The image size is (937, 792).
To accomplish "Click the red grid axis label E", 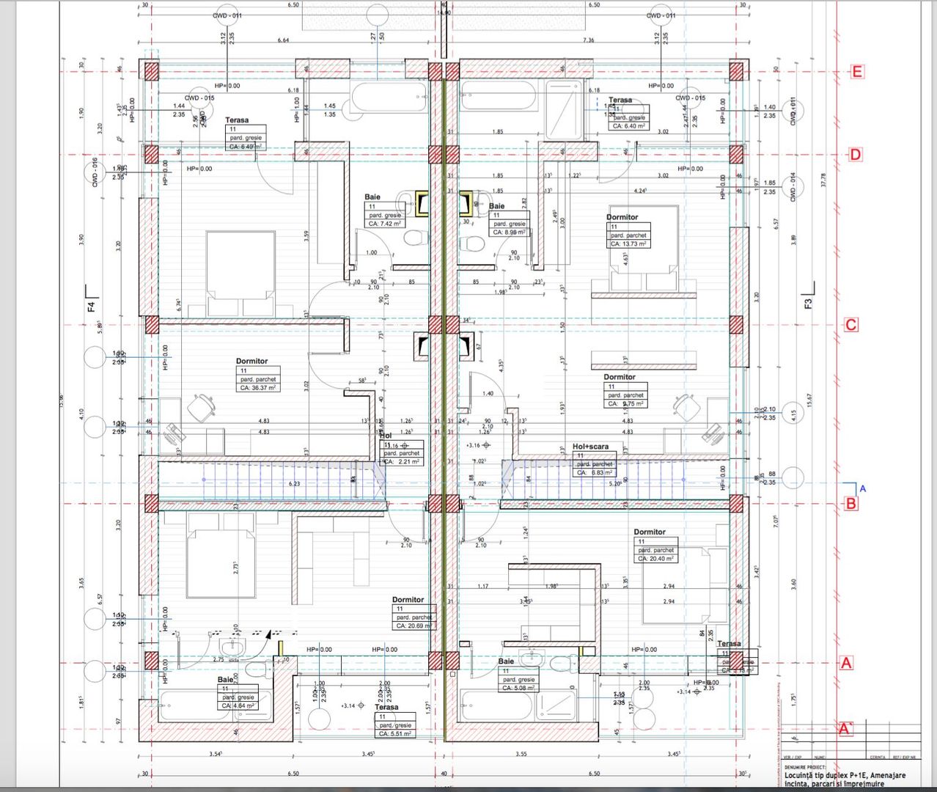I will (856, 72).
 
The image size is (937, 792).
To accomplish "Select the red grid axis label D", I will (855, 155).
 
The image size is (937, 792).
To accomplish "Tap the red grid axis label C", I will (850, 325).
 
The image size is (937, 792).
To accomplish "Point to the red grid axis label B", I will (850, 504).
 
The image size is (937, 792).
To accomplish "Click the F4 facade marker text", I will (92, 306).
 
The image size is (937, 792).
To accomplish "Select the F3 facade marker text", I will (808, 302).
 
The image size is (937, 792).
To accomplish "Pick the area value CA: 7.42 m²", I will (385, 224).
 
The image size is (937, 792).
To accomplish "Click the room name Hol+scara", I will (590, 447).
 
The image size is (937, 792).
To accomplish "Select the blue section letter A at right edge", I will (862, 488).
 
